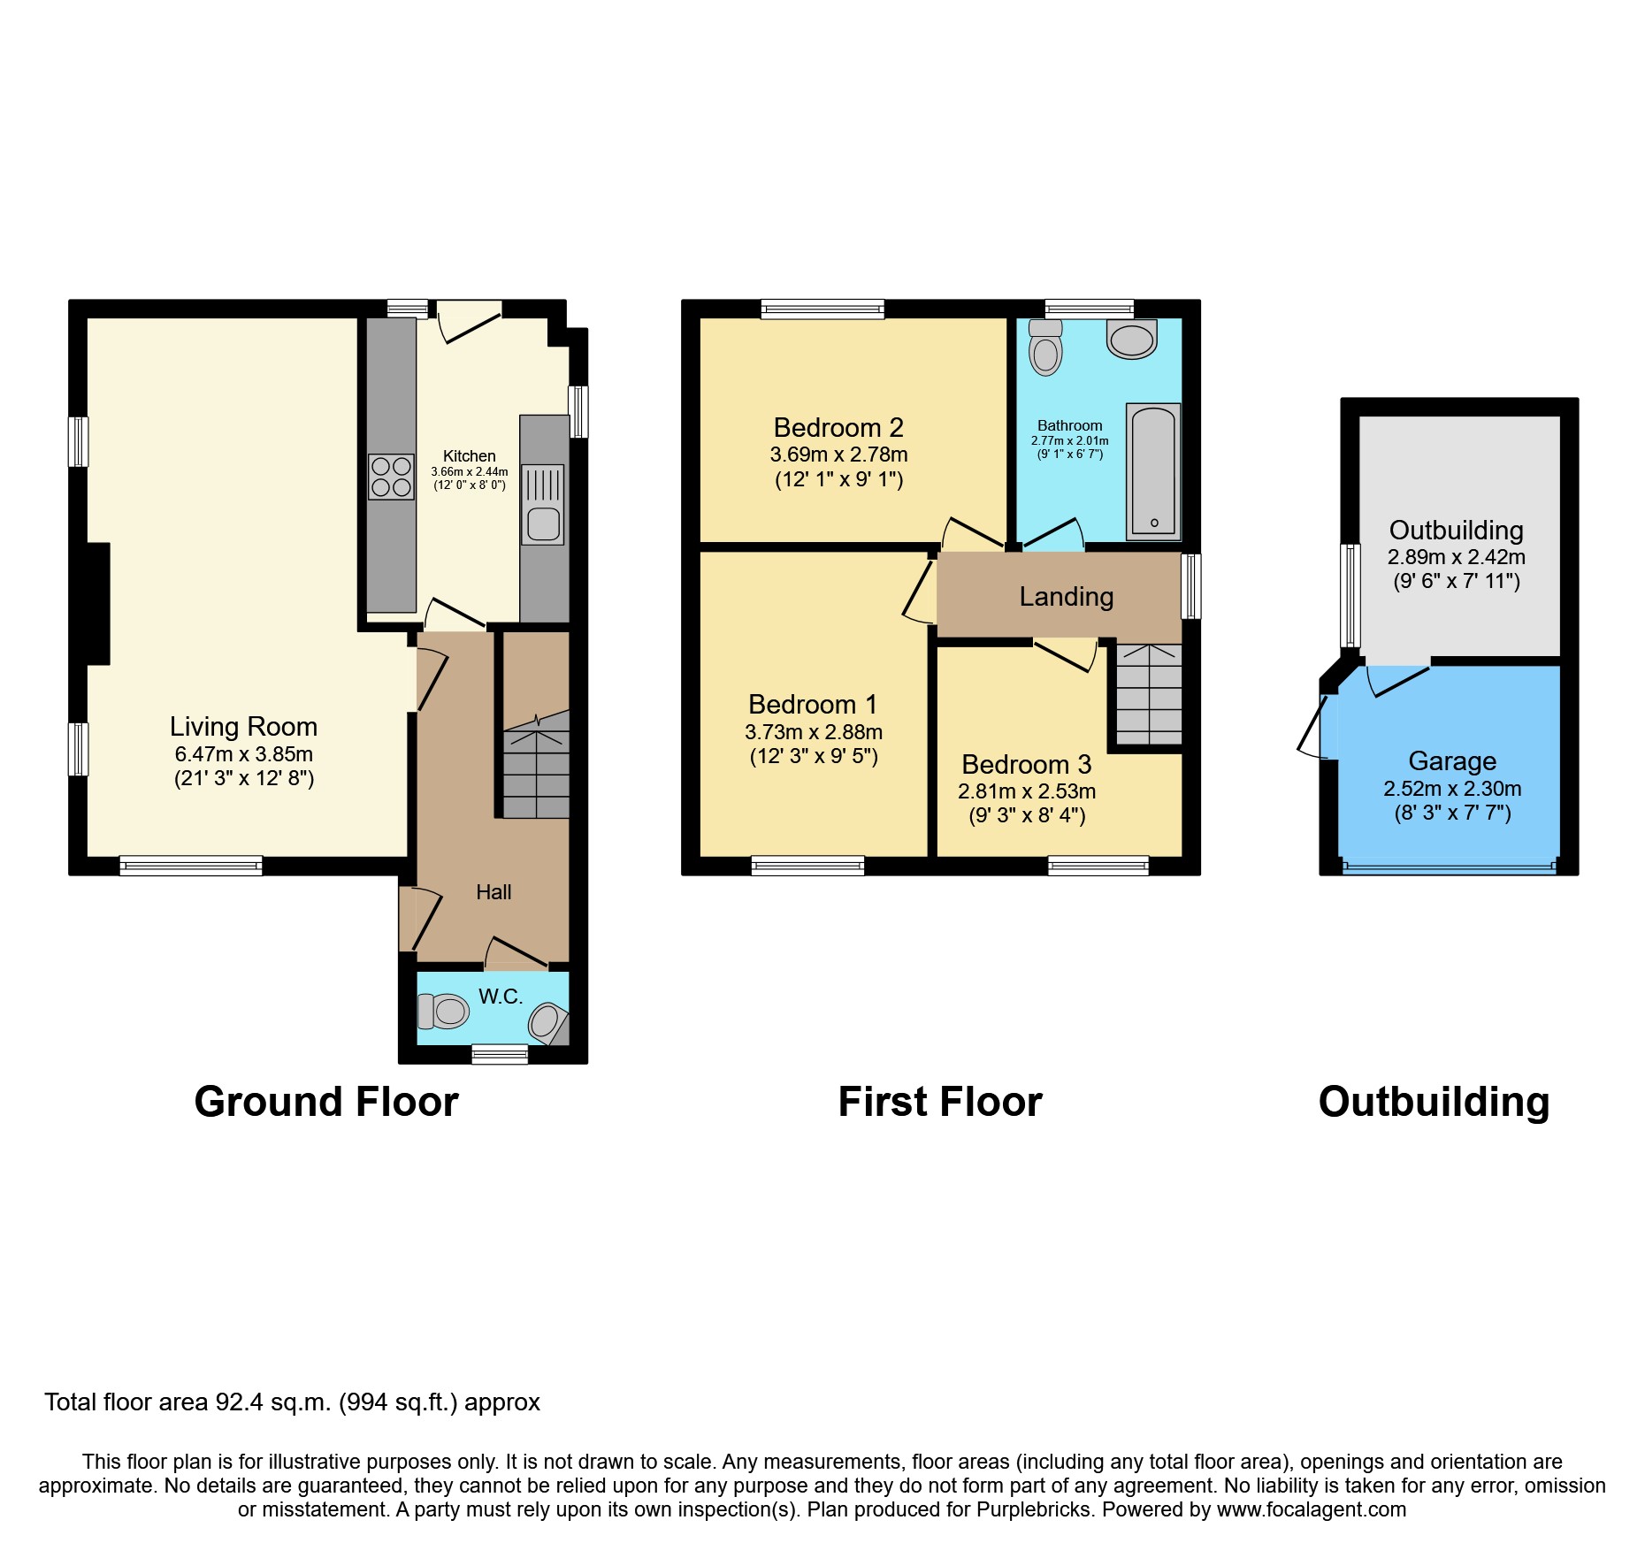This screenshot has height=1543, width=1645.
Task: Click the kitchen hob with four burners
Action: click(x=391, y=477)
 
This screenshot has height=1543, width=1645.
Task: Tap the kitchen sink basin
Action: click(x=543, y=524)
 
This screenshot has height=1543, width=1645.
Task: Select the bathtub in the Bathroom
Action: click(x=1153, y=472)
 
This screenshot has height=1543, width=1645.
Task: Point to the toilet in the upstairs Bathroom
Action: click(x=1045, y=348)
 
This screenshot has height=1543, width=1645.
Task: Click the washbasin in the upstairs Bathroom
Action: click(x=1132, y=340)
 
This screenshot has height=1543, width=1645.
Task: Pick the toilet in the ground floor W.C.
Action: click(x=443, y=1012)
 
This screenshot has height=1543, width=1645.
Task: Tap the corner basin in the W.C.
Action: click(x=547, y=1023)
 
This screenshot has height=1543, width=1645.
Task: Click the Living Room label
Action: click(x=243, y=727)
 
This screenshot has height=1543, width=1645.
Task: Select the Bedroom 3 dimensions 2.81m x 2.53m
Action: click(x=1027, y=791)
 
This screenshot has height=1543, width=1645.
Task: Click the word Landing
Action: click(x=1067, y=597)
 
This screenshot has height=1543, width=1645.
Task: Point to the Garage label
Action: click(x=1452, y=761)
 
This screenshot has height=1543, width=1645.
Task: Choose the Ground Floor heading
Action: click(x=326, y=1103)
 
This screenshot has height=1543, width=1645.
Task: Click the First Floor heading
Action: click(x=940, y=1103)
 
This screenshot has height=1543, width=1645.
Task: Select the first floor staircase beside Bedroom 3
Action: click(x=1149, y=694)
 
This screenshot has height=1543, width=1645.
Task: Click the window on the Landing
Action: click(x=1192, y=585)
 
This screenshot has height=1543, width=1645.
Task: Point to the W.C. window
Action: click(x=500, y=1054)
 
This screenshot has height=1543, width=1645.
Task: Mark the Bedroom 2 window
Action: click(x=822, y=309)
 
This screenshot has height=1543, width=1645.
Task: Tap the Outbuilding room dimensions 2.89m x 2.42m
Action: click(x=1456, y=557)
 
